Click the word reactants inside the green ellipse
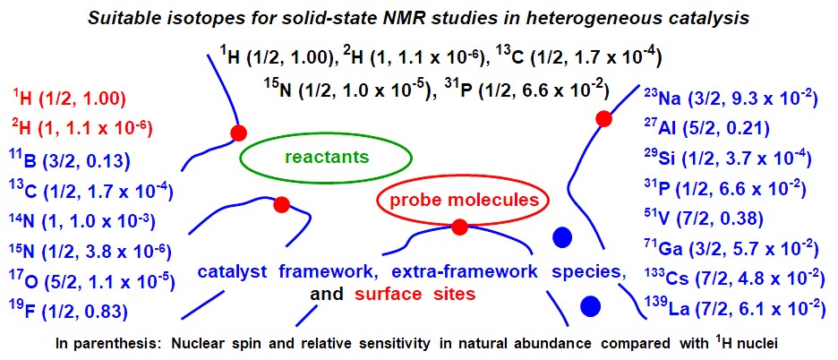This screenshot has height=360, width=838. pos(327,157)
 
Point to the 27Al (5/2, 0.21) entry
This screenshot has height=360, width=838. pos(706,128)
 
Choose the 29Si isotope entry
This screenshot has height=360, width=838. pos(728,159)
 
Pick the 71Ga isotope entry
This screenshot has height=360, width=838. pos(731,249)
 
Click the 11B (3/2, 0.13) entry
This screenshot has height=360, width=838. pos(70,160)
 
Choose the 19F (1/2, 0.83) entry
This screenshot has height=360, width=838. pos(68,311)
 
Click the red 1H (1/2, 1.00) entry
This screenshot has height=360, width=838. pos(69,99)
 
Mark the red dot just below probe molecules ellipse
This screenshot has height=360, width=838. pos(459,227)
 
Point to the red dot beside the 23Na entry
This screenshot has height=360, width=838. pos(603,119)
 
